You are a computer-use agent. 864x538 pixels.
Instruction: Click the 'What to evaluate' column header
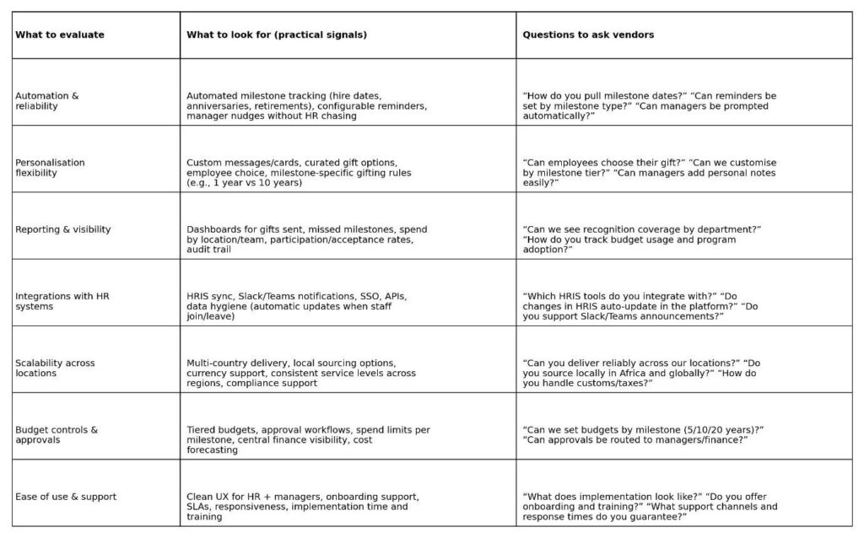tap(60, 35)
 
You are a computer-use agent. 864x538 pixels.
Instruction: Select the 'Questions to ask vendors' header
tap(588, 35)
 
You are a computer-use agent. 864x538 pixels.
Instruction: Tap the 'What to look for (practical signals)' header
tap(277, 35)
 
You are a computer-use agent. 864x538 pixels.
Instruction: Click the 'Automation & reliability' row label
tap(47, 101)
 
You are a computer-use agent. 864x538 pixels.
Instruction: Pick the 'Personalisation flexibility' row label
tap(51, 168)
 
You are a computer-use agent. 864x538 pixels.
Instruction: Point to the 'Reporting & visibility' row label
tap(63, 229)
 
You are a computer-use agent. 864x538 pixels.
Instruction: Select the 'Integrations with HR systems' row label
tap(62, 301)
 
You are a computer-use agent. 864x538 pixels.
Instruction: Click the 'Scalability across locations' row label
tap(56, 368)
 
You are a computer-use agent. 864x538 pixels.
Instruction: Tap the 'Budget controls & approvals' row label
tap(57, 435)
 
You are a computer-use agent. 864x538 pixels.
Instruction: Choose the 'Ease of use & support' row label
tap(66, 497)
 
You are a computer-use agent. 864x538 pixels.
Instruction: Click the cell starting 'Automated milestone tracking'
tap(307, 106)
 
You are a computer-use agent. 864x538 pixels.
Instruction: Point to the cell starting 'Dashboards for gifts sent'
tap(307, 239)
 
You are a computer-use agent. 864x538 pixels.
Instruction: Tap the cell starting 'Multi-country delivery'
tap(301, 373)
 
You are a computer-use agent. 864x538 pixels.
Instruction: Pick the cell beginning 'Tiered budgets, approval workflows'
tap(308, 439)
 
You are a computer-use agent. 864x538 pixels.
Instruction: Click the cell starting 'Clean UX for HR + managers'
tap(303, 506)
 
